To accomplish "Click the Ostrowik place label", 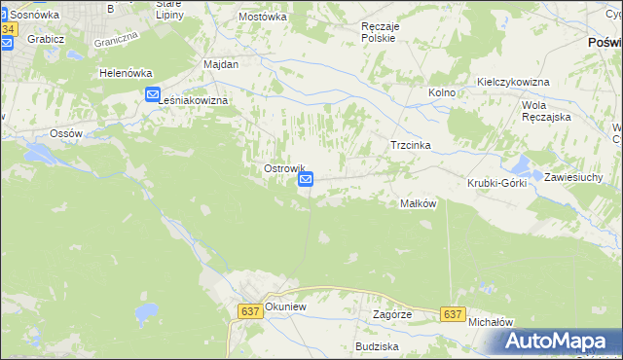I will [284, 168].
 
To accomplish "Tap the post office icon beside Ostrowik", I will [306, 179].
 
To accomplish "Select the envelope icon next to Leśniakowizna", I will [153, 94].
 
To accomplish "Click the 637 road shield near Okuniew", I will [248, 310].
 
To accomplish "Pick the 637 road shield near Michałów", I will [451, 314].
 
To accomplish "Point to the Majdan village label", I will [221, 63].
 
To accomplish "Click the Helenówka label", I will [123, 73].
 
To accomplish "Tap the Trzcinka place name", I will [410, 145].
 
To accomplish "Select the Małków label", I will [418, 203].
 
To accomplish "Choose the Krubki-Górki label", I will [496, 183].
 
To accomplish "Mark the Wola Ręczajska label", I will [546, 110].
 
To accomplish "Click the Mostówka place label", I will [263, 17].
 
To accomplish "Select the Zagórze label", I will [393, 315].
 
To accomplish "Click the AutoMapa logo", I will [559, 341].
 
